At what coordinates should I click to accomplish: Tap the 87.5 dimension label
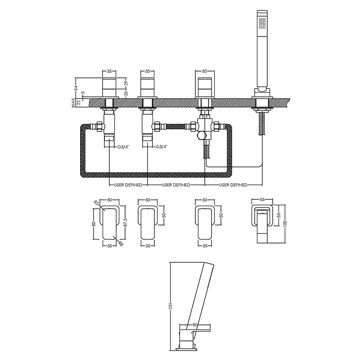pos(125,222)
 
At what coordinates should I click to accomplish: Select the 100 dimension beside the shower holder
pos(285,223)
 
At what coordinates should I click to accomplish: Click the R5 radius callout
pos(96,203)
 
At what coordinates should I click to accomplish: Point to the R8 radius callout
pos(121,244)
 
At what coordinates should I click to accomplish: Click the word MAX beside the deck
pos(73,103)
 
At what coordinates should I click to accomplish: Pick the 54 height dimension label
pos(76,88)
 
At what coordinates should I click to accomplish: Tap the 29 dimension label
pos(126,84)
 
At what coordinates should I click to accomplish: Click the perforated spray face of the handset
pos(262,23)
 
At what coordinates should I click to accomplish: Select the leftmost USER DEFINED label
pos(128,185)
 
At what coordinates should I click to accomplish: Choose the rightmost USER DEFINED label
pos(233,185)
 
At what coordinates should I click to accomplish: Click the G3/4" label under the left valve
pos(123,147)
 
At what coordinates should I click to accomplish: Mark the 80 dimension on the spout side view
pos(195,325)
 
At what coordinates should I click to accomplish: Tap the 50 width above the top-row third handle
pos(205,71)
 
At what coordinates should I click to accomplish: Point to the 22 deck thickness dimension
pos(78,103)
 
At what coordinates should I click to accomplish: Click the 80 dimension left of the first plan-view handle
pos(94,224)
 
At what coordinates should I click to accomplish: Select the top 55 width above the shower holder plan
pos(262,200)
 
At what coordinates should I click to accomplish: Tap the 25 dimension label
pos(126,93)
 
